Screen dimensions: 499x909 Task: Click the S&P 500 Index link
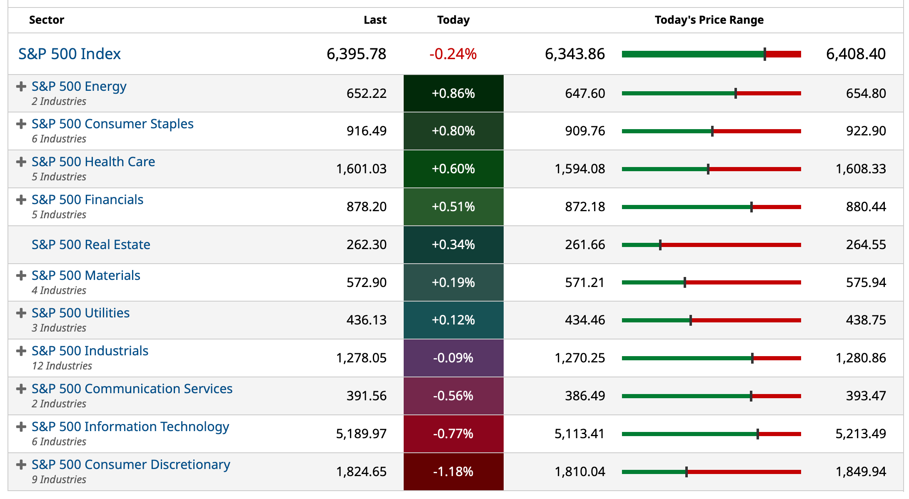click(69, 54)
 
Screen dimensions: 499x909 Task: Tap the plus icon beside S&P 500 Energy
click(21, 87)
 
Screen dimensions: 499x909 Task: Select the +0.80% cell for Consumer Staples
click(453, 131)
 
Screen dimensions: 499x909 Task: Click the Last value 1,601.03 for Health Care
click(361, 169)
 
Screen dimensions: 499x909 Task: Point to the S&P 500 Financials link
click(87, 200)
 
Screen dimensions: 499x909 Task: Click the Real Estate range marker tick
click(660, 245)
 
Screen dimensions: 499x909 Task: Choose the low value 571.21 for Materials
click(584, 283)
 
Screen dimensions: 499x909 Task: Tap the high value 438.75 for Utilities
click(866, 320)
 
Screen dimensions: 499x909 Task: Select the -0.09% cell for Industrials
click(453, 358)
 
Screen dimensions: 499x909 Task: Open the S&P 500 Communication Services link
click(132, 389)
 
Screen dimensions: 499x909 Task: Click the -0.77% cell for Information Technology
click(453, 434)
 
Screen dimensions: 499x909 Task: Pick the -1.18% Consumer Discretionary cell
click(453, 472)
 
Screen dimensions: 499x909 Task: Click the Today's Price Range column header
click(709, 20)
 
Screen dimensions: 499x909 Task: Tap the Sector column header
click(47, 20)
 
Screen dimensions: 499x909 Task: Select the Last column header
click(375, 20)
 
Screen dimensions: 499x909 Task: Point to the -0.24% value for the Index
click(453, 54)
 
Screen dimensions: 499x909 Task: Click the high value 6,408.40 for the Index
click(856, 54)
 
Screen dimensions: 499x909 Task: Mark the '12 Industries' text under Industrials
click(62, 366)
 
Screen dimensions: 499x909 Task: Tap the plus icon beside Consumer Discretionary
click(21, 465)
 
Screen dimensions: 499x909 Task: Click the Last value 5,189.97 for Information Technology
click(361, 434)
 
